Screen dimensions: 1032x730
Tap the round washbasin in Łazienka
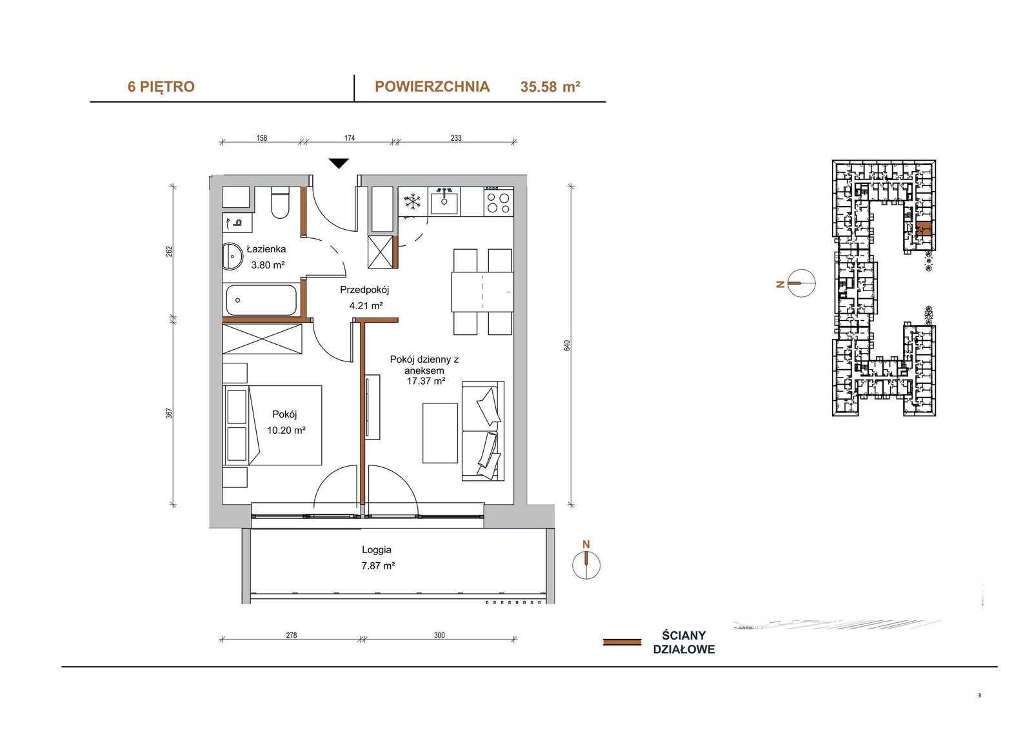(233, 256)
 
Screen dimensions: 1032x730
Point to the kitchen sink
(444, 201)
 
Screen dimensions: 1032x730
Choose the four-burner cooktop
(499, 201)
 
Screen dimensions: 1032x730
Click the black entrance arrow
(339, 163)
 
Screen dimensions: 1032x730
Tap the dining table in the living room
(482, 292)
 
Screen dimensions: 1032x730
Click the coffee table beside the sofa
(440, 433)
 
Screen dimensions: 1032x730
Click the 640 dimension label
(567, 345)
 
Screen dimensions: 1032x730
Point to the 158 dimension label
(262, 138)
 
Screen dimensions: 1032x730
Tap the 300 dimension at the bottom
(439, 636)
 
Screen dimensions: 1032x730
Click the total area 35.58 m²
(550, 86)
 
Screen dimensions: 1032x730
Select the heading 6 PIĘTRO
(161, 86)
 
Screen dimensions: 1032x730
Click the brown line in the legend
(622, 642)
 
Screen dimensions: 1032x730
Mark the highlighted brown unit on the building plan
(923, 228)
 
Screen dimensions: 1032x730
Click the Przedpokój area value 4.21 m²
(366, 305)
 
